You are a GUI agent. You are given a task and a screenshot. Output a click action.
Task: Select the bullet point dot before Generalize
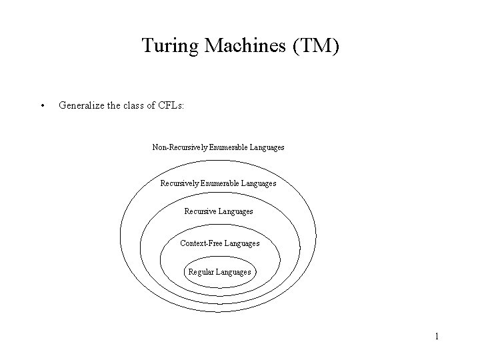tap(43, 105)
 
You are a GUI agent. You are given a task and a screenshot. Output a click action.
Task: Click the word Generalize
tap(83, 105)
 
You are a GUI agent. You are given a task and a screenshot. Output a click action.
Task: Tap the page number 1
tap(437, 336)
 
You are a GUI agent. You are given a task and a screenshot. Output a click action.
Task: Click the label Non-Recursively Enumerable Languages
tap(218, 147)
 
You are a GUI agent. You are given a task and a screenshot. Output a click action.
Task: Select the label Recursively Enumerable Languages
tap(218, 183)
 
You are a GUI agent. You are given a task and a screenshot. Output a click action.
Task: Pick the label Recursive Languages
tap(218, 211)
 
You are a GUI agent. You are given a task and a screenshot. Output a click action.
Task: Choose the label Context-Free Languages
tap(219, 243)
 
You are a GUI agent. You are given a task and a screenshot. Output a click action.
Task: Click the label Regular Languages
tap(219, 272)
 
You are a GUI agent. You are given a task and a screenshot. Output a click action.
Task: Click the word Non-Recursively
tap(179, 147)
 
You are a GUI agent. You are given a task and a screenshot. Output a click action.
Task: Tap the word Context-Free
tap(201, 243)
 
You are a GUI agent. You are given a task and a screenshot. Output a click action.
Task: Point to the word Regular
tap(201, 272)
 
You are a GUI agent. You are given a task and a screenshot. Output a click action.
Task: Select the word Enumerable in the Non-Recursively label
tap(228, 147)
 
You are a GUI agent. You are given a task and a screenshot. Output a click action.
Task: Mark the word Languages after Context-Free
tap(242, 243)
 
